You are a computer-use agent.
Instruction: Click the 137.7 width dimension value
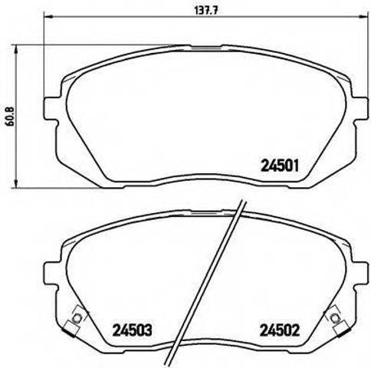click(x=204, y=11)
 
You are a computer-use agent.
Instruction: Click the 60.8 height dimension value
click(x=11, y=117)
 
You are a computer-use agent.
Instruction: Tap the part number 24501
click(x=280, y=166)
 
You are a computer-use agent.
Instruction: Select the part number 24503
click(x=133, y=330)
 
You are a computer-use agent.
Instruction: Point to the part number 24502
click(x=280, y=330)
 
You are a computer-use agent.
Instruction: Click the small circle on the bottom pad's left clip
click(x=77, y=317)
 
